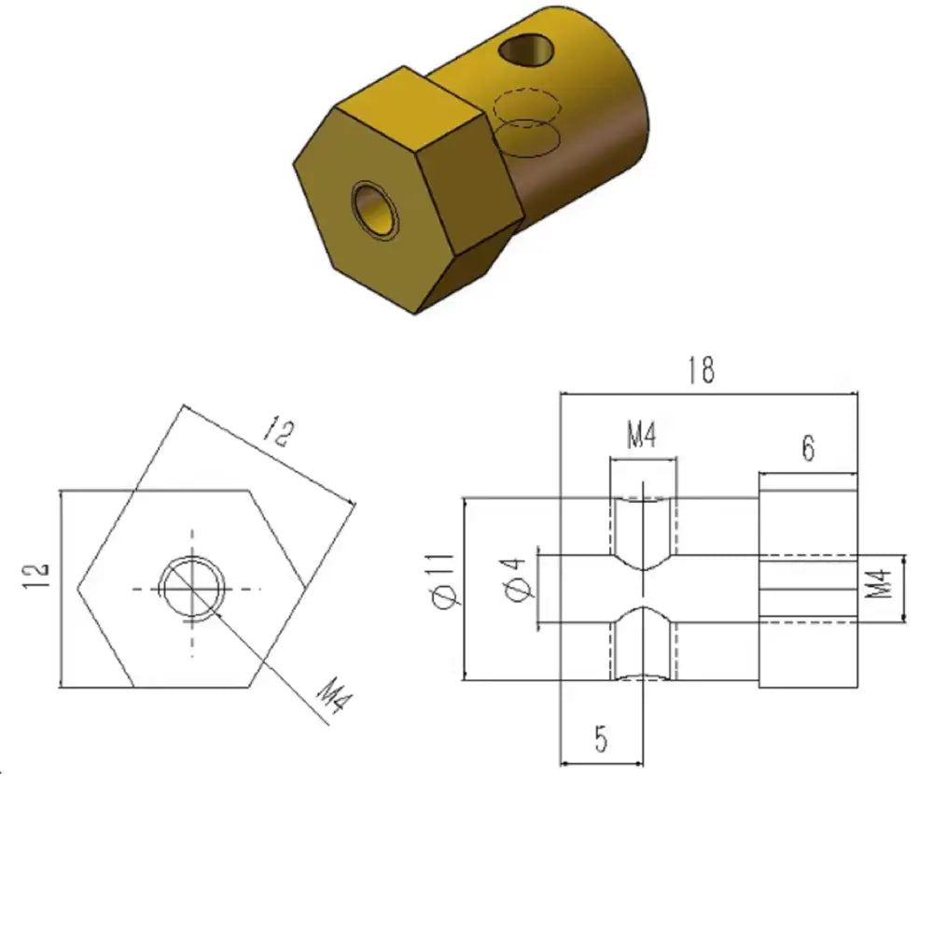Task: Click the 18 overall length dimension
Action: click(x=701, y=370)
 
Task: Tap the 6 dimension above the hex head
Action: click(x=807, y=448)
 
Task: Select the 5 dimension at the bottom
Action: click(x=601, y=739)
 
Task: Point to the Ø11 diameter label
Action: click(x=444, y=580)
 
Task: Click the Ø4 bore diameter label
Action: click(x=517, y=580)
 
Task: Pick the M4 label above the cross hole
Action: click(x=642, y=435)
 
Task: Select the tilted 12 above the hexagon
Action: click(x=278, y=431)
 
